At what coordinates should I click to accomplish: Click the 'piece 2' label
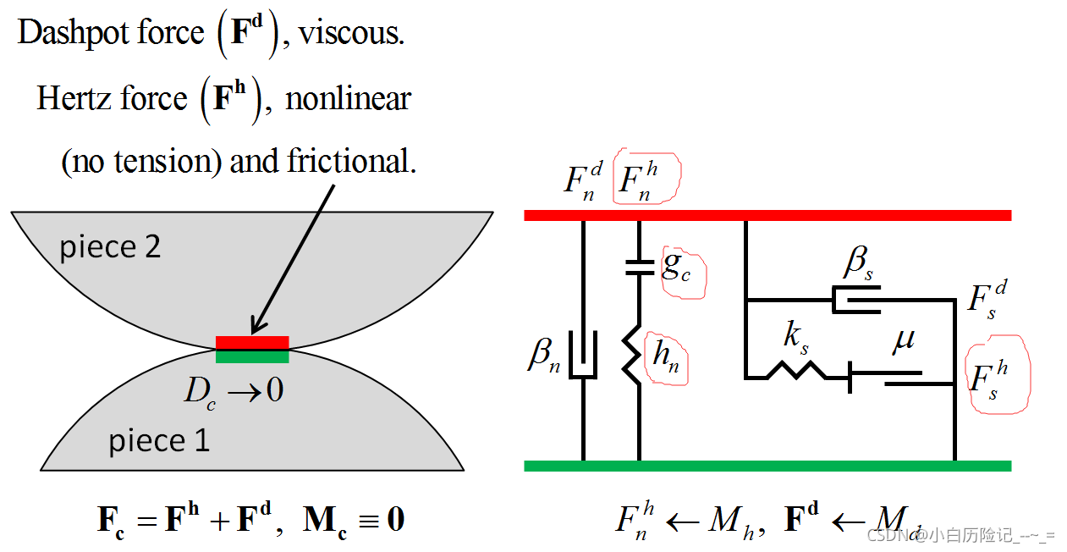coord(110,247)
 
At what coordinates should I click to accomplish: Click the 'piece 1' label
coord(158,440)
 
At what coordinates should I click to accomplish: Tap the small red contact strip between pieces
coord(252,342)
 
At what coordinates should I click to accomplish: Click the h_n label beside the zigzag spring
coord(666,356)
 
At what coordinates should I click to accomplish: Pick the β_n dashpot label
coord(544,355)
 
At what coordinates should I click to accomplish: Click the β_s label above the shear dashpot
coord(858,263)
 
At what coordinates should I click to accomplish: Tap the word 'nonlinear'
coord(348,99)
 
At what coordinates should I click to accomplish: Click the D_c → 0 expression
coord(234,390)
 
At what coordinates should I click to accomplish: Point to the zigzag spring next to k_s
coord(795,370)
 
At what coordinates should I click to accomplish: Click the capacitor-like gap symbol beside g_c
coord(639,267)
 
